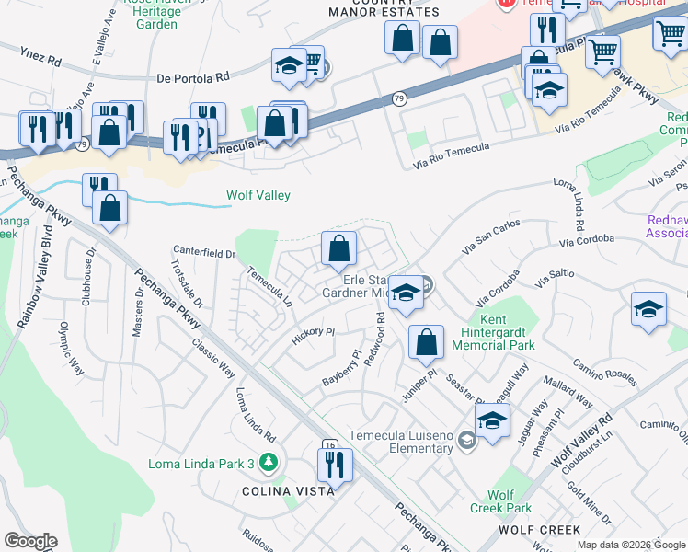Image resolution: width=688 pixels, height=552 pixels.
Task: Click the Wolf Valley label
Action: coord(258,195)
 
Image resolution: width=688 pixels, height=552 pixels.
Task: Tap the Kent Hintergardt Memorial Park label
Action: coord(494,332)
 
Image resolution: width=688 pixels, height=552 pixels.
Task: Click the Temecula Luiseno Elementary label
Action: coord(400,442)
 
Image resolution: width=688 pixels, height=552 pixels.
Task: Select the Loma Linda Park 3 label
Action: coord(201,464)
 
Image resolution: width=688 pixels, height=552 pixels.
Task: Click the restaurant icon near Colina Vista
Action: coord(335,465)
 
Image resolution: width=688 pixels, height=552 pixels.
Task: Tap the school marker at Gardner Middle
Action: coord(404,293)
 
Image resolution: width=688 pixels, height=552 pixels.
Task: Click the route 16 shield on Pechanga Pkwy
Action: coord(329,445)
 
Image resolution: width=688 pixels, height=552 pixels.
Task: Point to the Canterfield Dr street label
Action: coord(205,252)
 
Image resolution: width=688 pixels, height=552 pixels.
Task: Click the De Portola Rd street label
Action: coord(192,78)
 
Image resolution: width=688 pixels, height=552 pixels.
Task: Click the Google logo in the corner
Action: coord(30,540)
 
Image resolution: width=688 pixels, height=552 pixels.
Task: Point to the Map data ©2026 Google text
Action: coord(630,545)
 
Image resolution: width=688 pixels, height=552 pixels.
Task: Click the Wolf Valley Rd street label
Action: coord(581,441)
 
